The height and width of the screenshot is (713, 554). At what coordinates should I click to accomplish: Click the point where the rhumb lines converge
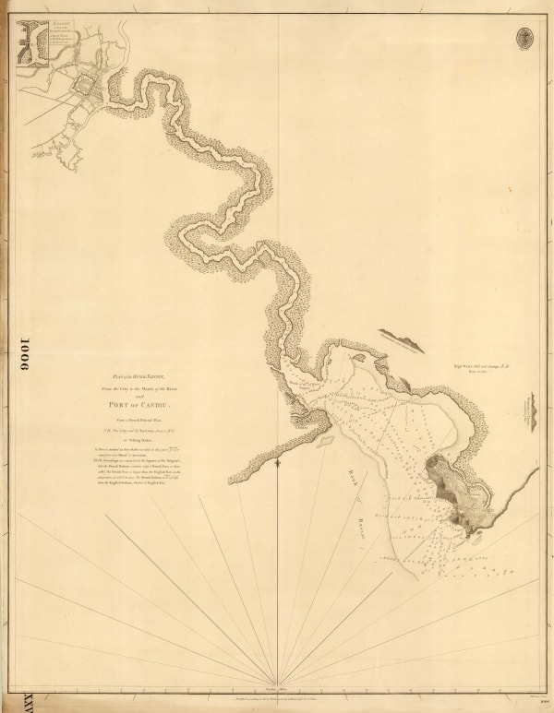pyautogui.click(x=274, y=685)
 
